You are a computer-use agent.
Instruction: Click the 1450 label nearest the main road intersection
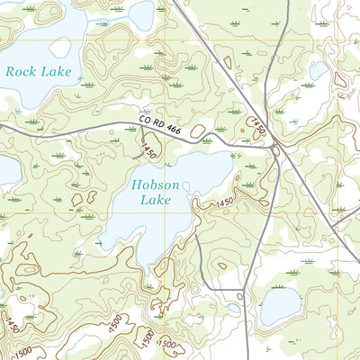(258, 126)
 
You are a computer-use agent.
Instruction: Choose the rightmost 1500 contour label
(167, 343)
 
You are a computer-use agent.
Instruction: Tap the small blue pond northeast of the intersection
(319, 69)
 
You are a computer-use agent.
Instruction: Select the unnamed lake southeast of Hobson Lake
(279, 307)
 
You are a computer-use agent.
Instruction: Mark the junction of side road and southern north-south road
(246, 291)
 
